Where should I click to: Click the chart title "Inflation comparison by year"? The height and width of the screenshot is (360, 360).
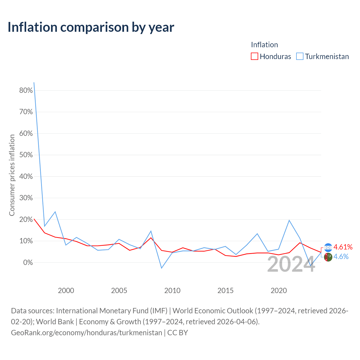click(x=91, y=27)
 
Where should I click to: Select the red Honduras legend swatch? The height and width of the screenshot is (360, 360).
click(x=254, y=56)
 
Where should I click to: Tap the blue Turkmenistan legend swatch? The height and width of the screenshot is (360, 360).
click(x=300, y=56)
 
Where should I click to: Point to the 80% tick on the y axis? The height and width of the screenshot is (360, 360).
click(x=26, y=90)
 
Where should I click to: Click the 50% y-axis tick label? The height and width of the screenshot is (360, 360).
click(x=26, y=155)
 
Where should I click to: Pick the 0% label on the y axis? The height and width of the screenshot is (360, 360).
click(x=28, y=262)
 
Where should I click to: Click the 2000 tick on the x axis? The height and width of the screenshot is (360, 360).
click(x=66, y=291)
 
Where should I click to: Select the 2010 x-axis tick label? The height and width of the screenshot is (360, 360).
click(x=172, y=291)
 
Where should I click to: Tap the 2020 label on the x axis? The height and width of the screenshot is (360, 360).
click(x=278, y=291)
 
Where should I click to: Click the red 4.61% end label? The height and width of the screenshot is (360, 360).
click(x=343, y=247)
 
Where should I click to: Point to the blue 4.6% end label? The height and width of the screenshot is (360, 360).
click(x=341, y=257)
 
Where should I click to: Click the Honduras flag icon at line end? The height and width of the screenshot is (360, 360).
click(x=328, y=248)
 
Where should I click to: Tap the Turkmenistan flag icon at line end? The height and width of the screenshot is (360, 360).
click(x=328, y=257)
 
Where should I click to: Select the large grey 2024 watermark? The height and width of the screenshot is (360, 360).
click(x=291, y=264)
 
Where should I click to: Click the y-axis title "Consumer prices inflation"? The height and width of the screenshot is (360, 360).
click(x=12, y=175)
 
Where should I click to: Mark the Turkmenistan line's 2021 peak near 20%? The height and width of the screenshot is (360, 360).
click(x=289, y=220)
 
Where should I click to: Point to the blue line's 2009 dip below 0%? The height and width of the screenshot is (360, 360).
click(x=162, y=268)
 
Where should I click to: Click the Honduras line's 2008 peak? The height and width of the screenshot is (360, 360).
click(x=151, y=238)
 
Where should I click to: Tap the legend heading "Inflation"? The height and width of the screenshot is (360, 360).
click(x=264, y=45)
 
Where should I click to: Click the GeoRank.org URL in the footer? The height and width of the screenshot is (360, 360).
click(x=87, y=333)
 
